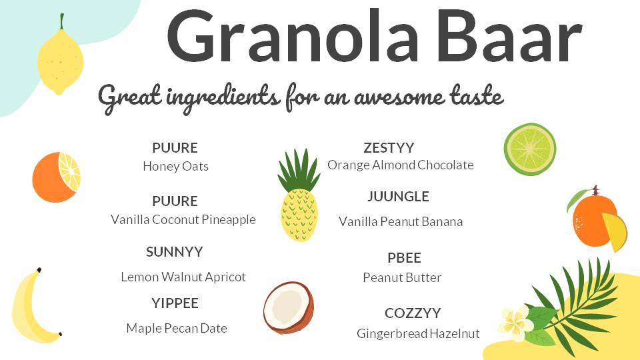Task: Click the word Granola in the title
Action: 293,36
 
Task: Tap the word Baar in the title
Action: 510,37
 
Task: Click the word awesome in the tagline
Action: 399,97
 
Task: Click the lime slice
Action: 530,149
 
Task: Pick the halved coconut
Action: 289,307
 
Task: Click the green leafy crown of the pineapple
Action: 299,170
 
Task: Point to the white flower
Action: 515,323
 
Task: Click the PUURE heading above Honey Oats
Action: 175,148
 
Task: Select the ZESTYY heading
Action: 389,148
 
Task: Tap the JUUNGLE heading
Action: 398,196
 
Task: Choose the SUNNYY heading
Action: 174,252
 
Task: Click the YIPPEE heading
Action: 175,303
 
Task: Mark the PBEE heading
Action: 404,258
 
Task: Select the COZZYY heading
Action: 413,313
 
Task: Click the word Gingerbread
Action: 392,334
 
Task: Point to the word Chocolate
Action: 445,165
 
